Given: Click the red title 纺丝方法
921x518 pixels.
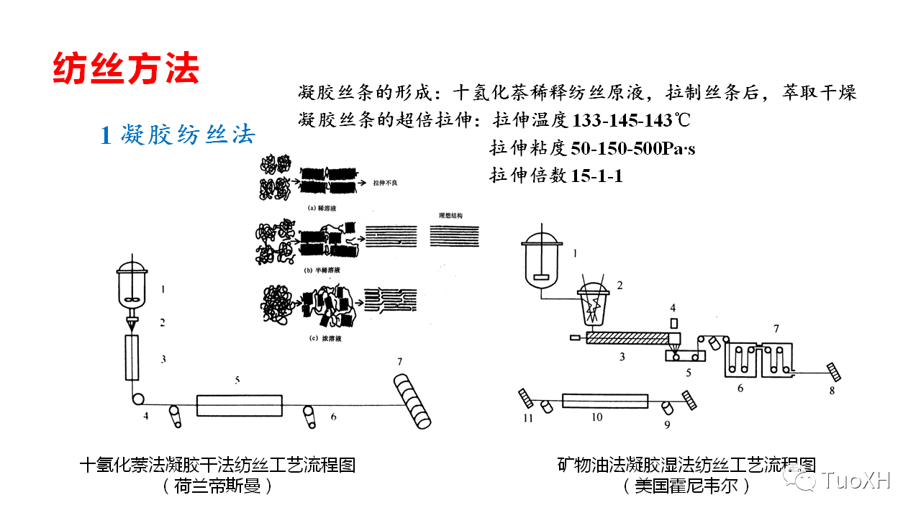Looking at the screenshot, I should [126, 68].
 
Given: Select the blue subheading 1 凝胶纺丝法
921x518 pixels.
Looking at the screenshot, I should [177, 135].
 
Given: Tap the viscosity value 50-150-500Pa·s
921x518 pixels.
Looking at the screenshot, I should [632, 148].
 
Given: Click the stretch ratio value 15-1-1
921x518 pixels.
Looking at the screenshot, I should [596, 176].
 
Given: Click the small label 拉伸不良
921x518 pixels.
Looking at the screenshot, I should [386, 183].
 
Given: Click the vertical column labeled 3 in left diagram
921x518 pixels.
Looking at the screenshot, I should [132, 358].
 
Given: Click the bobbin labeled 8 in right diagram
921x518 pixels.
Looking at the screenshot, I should [834, 371].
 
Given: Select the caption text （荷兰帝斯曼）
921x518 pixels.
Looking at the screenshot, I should [217, 486].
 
